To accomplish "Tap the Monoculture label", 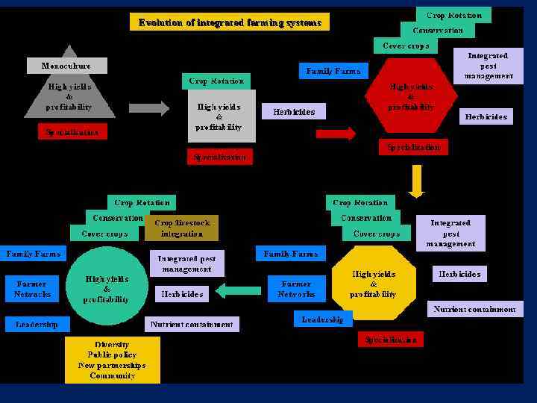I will pos(66,66).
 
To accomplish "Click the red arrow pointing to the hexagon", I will pos(336,134).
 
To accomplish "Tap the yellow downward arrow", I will pos(416,180).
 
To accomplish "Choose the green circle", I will pos(107,288).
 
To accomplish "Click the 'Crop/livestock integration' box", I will pos(182,228).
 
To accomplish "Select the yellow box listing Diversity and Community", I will pos(112,360).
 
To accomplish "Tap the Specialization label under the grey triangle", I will pos(72,132).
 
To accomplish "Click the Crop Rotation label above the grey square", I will pos(216,81).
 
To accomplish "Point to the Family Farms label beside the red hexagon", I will pos(333,71).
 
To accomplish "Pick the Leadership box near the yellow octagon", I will pos(322,319).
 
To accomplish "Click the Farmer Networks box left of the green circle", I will pos(32,289).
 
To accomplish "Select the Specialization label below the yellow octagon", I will pos(390,340).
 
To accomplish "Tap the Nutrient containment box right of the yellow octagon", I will pos(475,309).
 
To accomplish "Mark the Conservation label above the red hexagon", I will pos(438,31).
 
